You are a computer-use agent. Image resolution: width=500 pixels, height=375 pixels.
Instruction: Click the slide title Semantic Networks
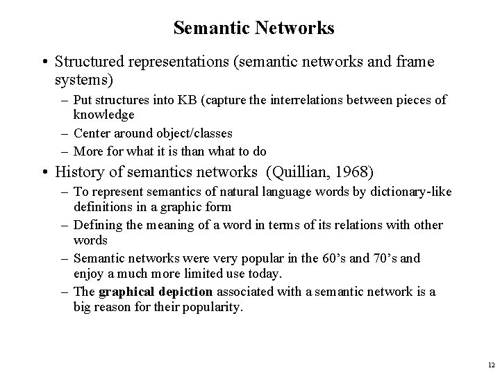pos(253,28)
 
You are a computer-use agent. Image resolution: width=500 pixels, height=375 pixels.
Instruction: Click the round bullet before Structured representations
pos(44,63)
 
